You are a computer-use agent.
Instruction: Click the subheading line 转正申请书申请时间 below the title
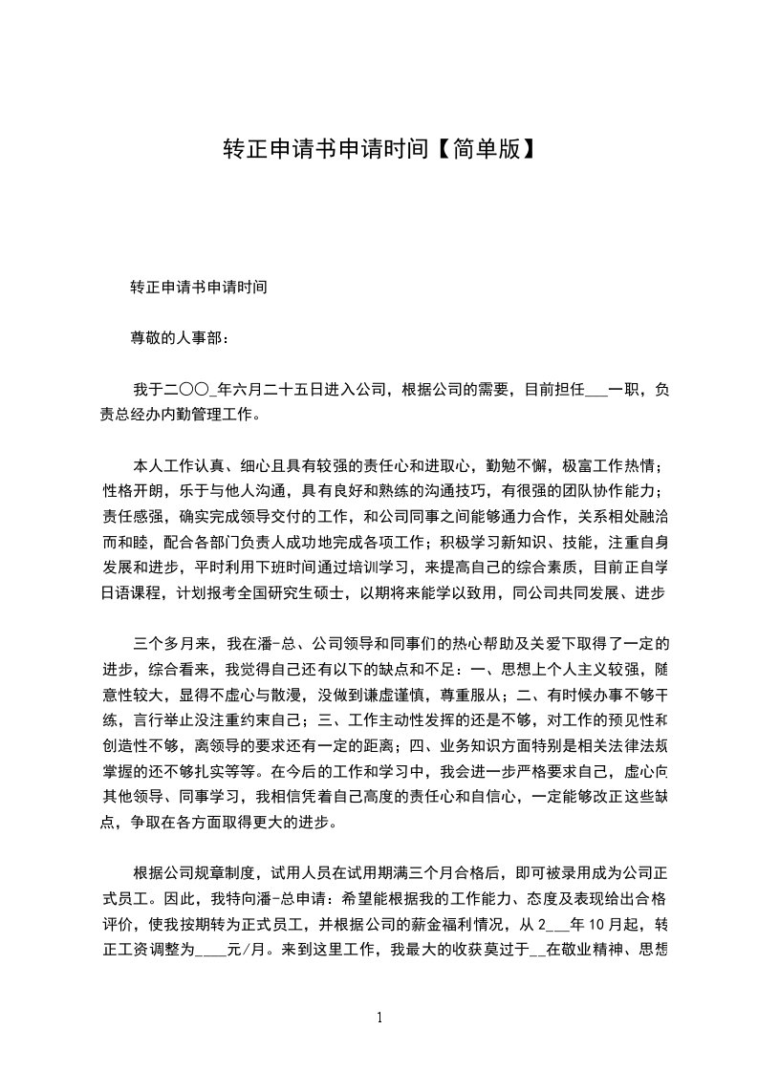[x=199, y=286]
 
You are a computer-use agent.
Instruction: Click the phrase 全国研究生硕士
[x=287, y=592]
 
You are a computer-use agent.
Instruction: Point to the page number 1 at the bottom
[x=380, y=1018]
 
